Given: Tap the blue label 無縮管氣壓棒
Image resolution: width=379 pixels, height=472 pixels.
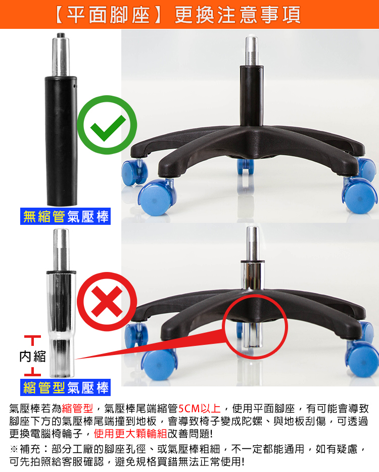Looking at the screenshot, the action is pos(66,216).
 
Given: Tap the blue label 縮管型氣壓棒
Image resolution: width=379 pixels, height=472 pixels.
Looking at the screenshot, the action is pos(66,387).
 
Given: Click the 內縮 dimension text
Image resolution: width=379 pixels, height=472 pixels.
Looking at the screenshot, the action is pos(32,357).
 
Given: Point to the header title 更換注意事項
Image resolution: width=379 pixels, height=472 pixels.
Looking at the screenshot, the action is pos(238,15).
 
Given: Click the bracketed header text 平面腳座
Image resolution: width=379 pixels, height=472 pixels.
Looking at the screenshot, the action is pos(108,15).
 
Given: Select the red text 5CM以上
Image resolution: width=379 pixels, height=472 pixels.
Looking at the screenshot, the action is pos(200,409).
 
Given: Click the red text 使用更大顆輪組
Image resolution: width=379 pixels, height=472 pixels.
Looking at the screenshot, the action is pos(130,434).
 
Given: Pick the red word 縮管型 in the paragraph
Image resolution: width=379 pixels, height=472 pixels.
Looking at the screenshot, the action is pos(77,409).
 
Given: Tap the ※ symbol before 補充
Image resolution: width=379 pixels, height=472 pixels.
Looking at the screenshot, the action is pos(14,449).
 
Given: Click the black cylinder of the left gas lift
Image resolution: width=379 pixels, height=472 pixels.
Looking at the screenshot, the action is pos(61,141).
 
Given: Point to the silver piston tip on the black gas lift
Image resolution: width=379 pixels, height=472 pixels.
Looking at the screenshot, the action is pos(61,54).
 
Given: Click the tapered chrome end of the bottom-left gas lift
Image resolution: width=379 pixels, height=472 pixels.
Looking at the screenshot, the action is pos(62,358).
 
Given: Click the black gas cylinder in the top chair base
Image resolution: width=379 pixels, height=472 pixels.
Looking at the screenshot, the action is pos(251,95).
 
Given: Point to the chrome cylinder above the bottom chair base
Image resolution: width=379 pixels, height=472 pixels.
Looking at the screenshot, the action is pos(252,276).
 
